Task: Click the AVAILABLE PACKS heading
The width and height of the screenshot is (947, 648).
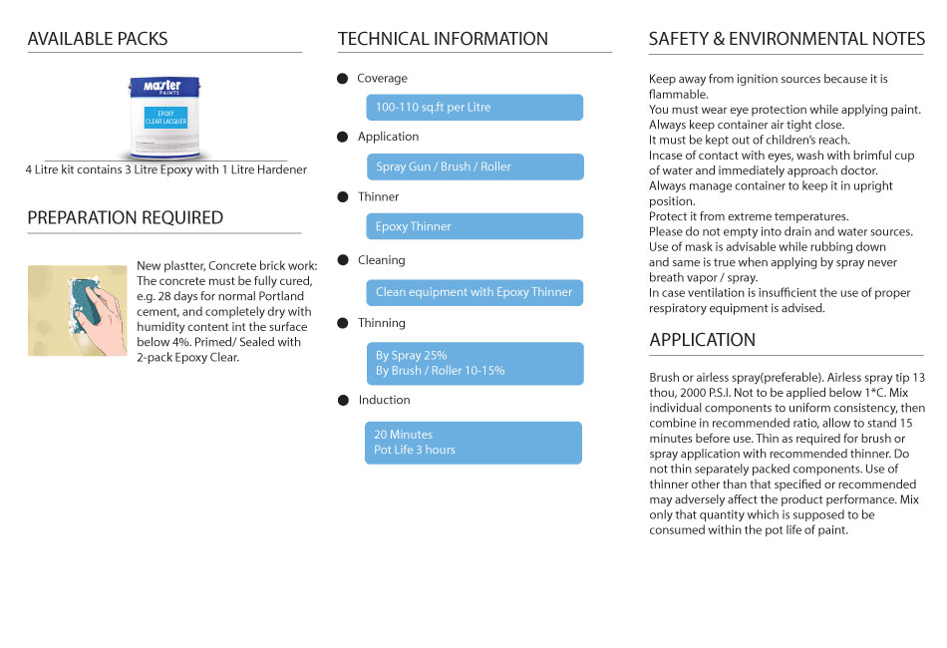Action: point(98,39)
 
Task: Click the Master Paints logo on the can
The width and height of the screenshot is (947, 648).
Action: point(161,88)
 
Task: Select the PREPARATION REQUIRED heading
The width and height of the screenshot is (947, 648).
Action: point(126,218)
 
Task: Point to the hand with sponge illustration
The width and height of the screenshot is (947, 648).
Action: point(78,310)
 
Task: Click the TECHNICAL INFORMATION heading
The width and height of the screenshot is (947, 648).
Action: point(443,39)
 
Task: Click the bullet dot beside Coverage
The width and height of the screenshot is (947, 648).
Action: point(343,79)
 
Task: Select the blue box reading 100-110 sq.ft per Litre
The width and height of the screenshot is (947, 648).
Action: point(473,108)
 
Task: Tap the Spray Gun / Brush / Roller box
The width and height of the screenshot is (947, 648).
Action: point(473,166)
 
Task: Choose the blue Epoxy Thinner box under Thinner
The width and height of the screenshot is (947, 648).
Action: point(473,226)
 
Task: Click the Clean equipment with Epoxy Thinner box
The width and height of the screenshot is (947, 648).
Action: point(473,292)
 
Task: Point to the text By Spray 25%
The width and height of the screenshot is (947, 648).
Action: point(412,355)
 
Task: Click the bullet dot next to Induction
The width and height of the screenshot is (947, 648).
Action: point(343,401)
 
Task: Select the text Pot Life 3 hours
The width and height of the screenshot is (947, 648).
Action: point(415,450)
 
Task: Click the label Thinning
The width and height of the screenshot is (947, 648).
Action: point(382,323)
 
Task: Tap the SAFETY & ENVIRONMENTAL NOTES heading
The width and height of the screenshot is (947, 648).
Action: point(787,39)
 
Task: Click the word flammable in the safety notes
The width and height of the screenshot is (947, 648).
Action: point(679,95)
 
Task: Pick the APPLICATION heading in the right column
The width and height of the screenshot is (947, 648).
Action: point(703,340)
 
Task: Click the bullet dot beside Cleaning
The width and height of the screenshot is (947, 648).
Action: point(343,261)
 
